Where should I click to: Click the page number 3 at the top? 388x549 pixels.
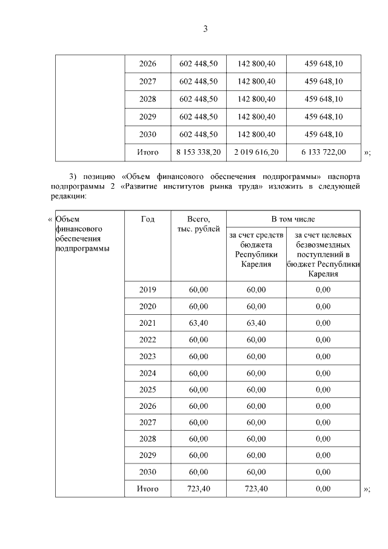point(205,29)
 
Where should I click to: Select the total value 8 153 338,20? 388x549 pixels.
point(198,152)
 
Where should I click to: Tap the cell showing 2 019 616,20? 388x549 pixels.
point(256,152)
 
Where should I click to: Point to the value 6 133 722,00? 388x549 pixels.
point(325,152)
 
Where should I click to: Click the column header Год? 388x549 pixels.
point(147,219)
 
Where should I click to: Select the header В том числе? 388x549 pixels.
point(293,219)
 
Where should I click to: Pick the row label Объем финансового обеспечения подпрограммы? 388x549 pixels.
point(77,234)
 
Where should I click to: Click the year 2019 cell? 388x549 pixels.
point(147,290)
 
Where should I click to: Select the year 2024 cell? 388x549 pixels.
point(147,372)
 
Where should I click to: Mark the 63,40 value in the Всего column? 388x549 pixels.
point(198,323)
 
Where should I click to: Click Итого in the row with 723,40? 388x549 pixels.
point(147,488)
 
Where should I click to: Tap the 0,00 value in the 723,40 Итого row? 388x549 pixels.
point(323,488)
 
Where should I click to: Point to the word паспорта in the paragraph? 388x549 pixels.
point(342,177)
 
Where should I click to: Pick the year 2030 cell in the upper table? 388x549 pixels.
point(147,134)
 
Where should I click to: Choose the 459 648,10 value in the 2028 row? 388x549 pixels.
point(324,99)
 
